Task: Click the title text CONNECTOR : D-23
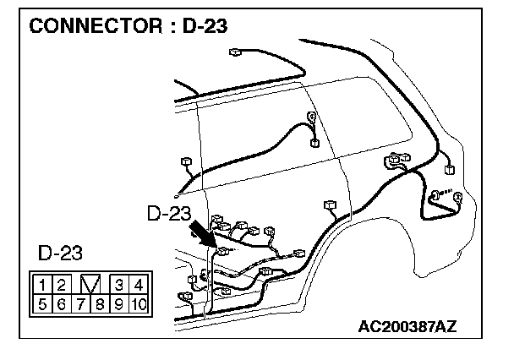pyautogui.click(x=129, y=25)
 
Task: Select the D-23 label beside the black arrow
pyautogui.click(x=169, y=214)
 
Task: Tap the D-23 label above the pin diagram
pyautogui.click(x=61, y=253)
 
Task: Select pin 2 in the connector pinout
pyautogui.click(x=62, y=284)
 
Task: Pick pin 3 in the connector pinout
pyautogui.click(x=119, y=284)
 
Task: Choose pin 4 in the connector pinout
pyautogui.click(x=138, y=284)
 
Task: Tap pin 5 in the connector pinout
pyautogui.click(x=41, y=303)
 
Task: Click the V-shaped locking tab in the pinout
pyautogui.click(x=90, y=284)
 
